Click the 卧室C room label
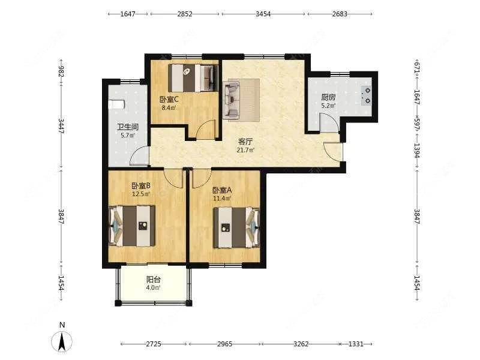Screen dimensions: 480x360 point(169,100)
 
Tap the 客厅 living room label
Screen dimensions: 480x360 point(245,142)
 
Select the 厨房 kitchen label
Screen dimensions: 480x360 point(328,97)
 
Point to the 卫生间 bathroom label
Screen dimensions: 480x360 point(128,127)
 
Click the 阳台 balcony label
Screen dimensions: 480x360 point(154,280)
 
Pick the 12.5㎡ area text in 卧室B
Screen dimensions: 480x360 point(141,194)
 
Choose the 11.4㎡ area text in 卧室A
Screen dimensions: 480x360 point(222,199)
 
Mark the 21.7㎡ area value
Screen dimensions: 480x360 point(245,150)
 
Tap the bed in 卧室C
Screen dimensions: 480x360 point(193,78)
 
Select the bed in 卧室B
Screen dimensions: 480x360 point(132,226)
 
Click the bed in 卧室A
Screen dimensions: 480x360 point(236,228)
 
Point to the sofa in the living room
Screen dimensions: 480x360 point(232,100)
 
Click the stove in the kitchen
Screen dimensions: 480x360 point(367,95)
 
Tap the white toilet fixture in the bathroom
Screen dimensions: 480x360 point(116,104)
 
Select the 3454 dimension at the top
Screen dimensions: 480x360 point(263,14)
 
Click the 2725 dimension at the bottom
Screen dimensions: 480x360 point(154,344)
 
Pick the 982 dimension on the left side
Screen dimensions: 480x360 point(61,71)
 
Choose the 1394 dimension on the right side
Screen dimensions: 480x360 point(416,151)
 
